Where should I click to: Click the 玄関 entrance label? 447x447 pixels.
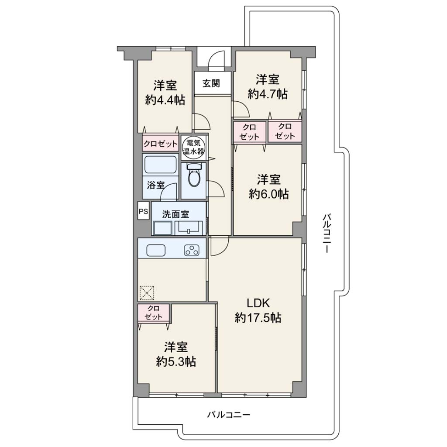click(211, 83)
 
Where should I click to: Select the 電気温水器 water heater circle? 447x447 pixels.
click(193, 147)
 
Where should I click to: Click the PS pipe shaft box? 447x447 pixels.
click(143, 211)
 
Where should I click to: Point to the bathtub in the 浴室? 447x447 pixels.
click(160, 165)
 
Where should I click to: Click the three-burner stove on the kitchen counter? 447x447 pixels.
click(192, 250)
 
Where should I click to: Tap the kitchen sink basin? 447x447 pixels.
click(156, 250)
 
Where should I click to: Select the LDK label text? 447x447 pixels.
click(258, 303)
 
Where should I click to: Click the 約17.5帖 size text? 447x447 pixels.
click(258, 317)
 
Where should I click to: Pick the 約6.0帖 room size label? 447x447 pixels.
click(268, 194)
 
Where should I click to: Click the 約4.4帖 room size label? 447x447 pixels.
click(165, 100)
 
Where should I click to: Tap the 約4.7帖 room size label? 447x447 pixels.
click(268, 94)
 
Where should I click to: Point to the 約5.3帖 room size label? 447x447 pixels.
click(176, 362)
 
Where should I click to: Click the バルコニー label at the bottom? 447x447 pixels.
click(229, 415)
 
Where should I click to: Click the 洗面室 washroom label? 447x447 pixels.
click(175, 214)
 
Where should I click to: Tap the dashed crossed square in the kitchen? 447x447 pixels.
click(147, 293)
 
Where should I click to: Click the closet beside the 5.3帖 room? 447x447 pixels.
click(154, 313)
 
